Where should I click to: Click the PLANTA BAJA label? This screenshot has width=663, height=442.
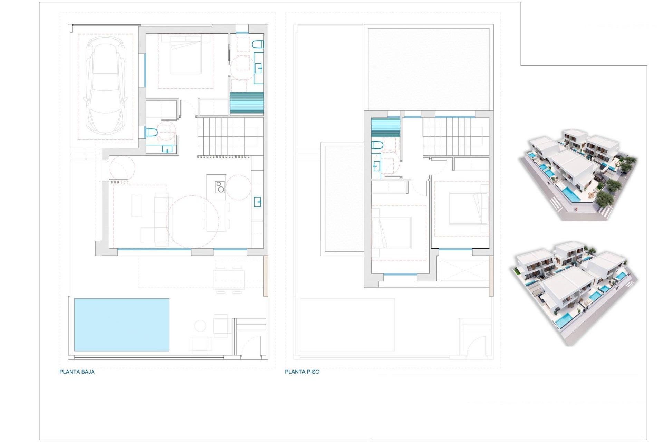(x=77, y=372)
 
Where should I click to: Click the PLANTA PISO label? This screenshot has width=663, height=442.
(x=302, y=372)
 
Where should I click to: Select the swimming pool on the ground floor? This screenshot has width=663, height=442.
(x=122, y=325)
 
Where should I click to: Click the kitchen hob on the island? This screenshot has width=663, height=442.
(x=220, y=187)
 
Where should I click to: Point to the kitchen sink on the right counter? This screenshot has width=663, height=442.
(x=258, y=201)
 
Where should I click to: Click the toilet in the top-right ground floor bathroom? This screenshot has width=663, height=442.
(x=258, y=44)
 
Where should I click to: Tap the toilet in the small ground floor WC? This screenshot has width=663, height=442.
(x=152, y=132)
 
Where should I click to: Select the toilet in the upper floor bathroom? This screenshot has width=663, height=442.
(x=377, y=145)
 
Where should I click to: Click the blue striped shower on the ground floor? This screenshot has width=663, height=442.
(x=247, y=103)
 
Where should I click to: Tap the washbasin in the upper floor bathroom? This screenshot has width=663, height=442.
(x=376, y=167)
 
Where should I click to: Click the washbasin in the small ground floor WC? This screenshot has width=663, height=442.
(x=167, y=149)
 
